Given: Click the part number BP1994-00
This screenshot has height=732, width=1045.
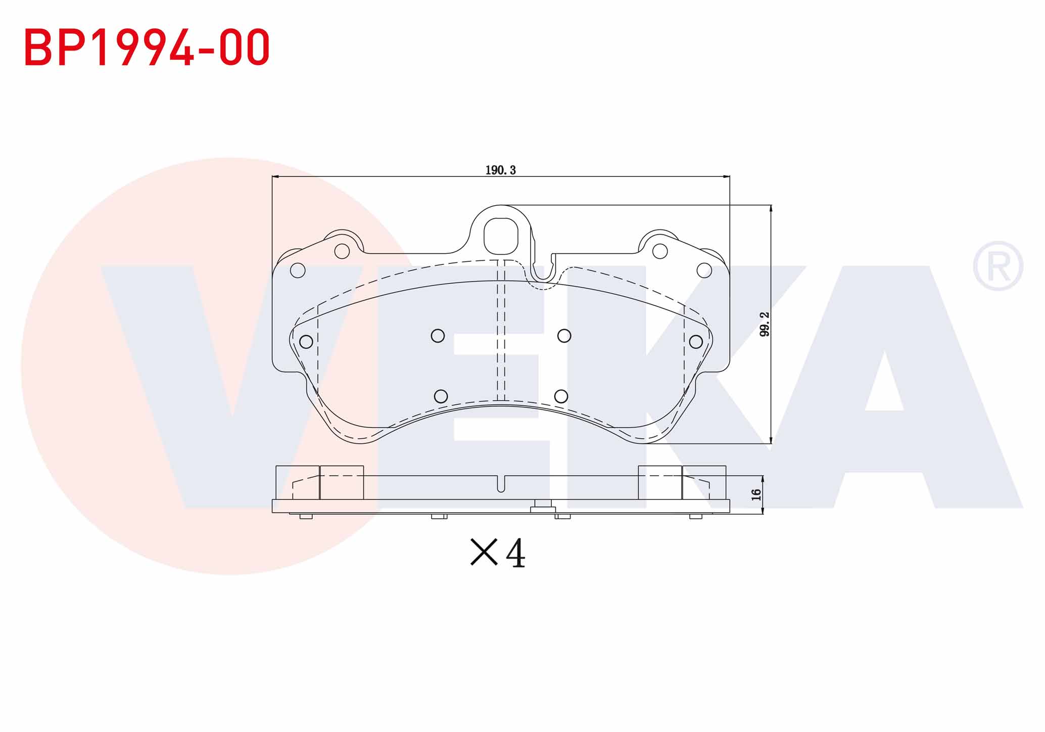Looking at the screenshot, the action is tap(147, 47).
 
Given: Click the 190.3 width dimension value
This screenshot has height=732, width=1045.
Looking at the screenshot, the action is tap(500, 170).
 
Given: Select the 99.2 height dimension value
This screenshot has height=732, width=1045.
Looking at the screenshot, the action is tap(765, 324).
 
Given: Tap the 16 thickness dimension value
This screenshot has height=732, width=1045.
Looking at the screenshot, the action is tap(756, 494).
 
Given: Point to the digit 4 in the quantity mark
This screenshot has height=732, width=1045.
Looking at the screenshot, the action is tap(515, 553).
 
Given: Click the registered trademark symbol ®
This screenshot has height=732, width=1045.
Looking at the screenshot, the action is tap(998, 266).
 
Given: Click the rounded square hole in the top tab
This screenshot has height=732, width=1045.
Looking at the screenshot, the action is tap(501, 236).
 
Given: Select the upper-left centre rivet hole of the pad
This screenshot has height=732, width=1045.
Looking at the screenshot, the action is tap(438, 336).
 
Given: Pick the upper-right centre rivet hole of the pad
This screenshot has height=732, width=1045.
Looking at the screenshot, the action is tap(564, 336).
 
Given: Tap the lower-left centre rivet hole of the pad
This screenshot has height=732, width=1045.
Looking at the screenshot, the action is tap(441, 396).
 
